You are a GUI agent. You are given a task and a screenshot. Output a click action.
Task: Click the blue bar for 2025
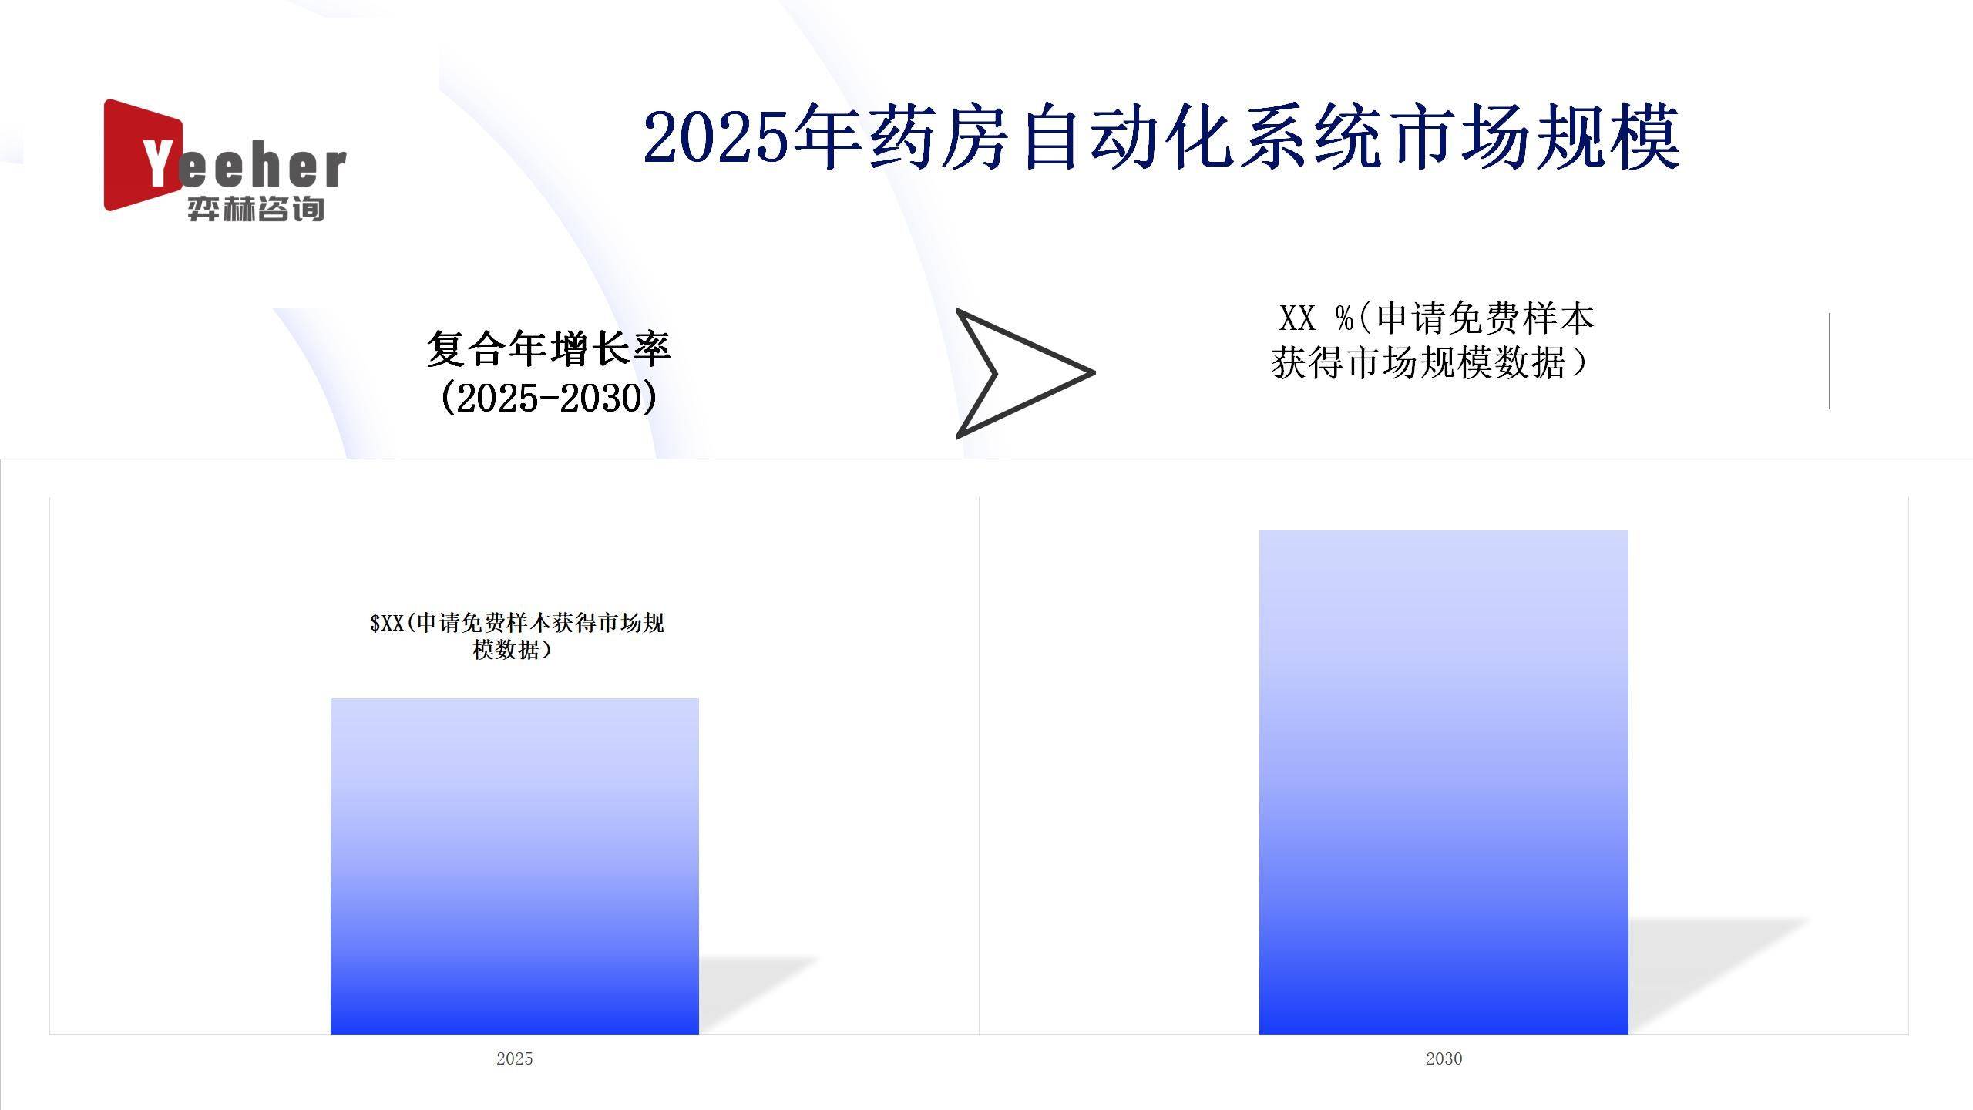(x=515, y=866)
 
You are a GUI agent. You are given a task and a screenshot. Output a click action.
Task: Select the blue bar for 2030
(x=1444, y=782)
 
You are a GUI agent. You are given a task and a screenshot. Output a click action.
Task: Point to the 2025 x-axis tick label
(x=515, y=1058)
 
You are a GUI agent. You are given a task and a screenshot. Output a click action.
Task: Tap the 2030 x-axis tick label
(x=1444, y=1058)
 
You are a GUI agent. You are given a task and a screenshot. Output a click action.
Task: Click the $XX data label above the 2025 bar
(x=516, y=636)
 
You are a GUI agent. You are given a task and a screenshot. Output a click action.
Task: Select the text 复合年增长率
(x=549, y=348)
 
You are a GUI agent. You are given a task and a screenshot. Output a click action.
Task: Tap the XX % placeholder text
(x=1316, y=318)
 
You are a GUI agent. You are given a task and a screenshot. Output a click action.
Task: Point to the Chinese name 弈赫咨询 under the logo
(x=255, y=208)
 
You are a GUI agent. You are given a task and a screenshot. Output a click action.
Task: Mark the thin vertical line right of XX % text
(x=1830, y=361)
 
